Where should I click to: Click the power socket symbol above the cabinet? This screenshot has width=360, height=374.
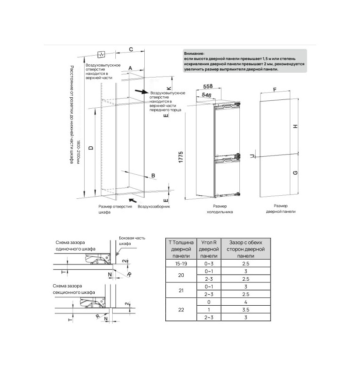point(102,55)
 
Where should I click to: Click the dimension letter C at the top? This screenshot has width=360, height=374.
point(131,49)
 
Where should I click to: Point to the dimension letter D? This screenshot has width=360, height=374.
point(91,148)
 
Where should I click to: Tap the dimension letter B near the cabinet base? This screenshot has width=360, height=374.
point(153,176)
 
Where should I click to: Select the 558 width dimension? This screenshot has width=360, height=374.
point(208,86)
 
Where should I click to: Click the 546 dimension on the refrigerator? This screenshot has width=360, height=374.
point(207,95)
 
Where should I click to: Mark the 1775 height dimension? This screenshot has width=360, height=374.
point(181,157)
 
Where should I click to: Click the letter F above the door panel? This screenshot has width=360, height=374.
point(275,90)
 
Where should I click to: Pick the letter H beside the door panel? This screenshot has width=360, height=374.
point(295,126)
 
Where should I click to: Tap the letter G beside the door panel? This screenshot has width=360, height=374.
point(295,173)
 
